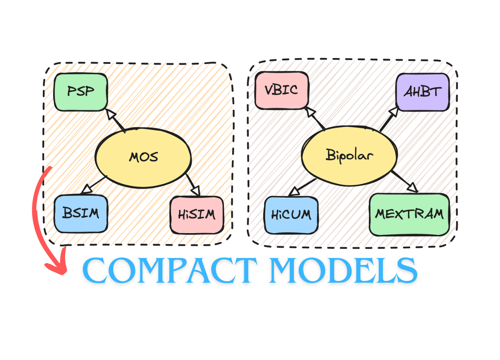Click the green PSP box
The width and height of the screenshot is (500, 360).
(81, 92)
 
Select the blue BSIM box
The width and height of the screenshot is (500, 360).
(81, 214)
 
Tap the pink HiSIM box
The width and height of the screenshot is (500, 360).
(197, 215)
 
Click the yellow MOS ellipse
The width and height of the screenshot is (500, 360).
(143, 158)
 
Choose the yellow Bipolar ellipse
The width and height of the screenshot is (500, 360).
(349, 156)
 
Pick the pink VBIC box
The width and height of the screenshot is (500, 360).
(282, 90)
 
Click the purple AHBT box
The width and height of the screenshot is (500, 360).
(422, 92)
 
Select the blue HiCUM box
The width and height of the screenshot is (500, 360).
(291, 215)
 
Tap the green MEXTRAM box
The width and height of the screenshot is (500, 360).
(409, 215)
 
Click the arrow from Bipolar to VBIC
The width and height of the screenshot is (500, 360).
(315, 118)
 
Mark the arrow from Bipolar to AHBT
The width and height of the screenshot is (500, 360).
(389, 120)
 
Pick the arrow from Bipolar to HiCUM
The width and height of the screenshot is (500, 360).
(302, 187)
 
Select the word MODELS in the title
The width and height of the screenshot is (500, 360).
(343, 271)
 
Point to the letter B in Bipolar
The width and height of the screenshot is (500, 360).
(330, 155)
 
